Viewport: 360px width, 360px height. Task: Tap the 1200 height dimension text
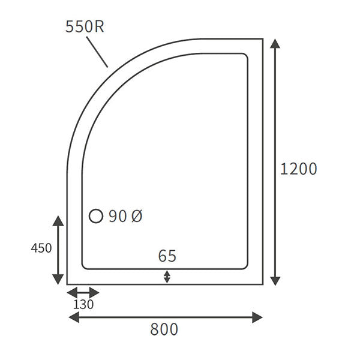(x=298, y=169)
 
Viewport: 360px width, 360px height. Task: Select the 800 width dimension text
(x=164, y=329)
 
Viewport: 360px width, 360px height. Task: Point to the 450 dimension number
(x=41, y=248)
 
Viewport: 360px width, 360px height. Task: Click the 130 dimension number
(x=83, y=304)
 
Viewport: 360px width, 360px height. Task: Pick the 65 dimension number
(x=167, y=256)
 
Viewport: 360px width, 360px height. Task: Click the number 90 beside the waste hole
(x=118, y=217)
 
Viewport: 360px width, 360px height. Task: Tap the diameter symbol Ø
(x=136, y=217)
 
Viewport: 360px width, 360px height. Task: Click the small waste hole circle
(x=96, y=217)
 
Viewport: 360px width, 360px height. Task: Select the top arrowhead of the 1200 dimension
(x=275, y=43)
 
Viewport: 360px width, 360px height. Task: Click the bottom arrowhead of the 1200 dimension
(x=275, y=280)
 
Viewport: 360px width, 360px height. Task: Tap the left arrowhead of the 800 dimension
(x=73, y=317)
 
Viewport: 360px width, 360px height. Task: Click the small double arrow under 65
(x=167, y=277)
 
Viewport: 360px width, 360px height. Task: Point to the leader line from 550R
(x=97, y=52)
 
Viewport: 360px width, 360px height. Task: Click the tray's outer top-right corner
(x=263, y=39)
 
